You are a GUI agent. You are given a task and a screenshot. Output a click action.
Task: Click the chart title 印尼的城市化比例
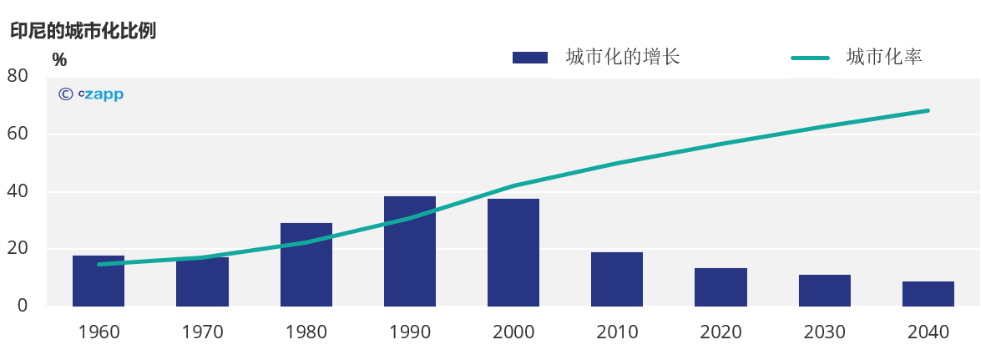point(83,31)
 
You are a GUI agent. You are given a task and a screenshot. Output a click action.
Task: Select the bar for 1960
point(99,281)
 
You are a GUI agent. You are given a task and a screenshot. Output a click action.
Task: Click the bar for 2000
point(513,252)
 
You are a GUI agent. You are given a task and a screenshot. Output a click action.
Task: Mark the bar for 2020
point(721,286)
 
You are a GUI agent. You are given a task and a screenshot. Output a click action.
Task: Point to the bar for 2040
point(928,293)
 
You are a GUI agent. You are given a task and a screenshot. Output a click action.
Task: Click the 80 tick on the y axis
point(18,76)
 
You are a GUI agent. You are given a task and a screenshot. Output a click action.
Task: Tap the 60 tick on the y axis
point(18,134)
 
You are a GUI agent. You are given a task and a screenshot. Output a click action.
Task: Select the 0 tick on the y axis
point(23,306)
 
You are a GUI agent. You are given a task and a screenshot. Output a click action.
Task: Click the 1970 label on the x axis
point(202,332)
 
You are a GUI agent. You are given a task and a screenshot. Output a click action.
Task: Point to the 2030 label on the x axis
point(824,332)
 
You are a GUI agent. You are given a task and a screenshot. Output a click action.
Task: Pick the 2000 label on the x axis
point(513,332)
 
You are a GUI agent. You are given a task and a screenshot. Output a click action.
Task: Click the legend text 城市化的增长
point(623,57)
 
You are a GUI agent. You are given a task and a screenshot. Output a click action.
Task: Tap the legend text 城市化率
point(883,57)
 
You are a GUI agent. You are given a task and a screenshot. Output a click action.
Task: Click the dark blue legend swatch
point(530,58)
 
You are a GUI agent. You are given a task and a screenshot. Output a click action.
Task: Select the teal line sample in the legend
point(810,58)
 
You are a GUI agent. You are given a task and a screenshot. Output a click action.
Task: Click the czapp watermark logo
point(91,94)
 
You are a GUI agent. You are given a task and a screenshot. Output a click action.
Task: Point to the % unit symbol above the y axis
point(59,59)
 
